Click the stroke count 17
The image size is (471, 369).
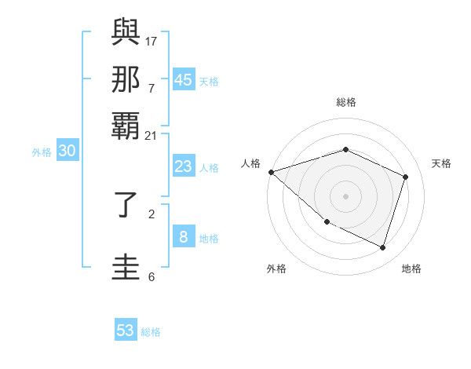[x=152, y=40]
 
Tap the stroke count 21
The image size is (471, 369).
[x=151, y=136]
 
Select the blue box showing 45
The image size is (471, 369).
[x=184, y=80]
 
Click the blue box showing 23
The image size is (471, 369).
[x=183, y=166]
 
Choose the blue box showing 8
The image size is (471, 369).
[x=183, y=238]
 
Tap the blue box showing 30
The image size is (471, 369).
[x=67, y=152]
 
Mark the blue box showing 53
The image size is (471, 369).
[x=126, y=331]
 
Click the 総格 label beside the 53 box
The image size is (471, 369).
[x=151, y=332]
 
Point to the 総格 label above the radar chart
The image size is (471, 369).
[x=345, y=102]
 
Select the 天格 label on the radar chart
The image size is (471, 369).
[x=441, y=163]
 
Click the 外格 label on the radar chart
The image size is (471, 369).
[x=276, y=269]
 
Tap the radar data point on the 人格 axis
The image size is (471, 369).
[x=271, y=172]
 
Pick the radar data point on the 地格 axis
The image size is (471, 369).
[x=383, y=247]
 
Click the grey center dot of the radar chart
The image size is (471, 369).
[x=345, y=195]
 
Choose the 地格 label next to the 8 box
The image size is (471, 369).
[x=209, y=239]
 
